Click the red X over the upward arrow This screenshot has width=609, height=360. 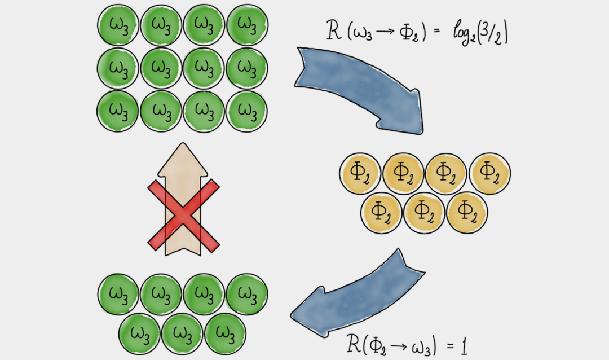tap(183, 215)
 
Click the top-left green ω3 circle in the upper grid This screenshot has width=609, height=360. tap(118, 25)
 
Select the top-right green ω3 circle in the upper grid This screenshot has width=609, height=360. tap(247, 25)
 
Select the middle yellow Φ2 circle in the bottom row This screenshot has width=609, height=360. tap(424, 213)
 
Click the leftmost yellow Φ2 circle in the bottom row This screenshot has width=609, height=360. tap(381, 213)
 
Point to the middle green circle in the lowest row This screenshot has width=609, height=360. tap(183, 334)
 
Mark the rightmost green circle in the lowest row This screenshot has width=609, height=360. tap(226, 334)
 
